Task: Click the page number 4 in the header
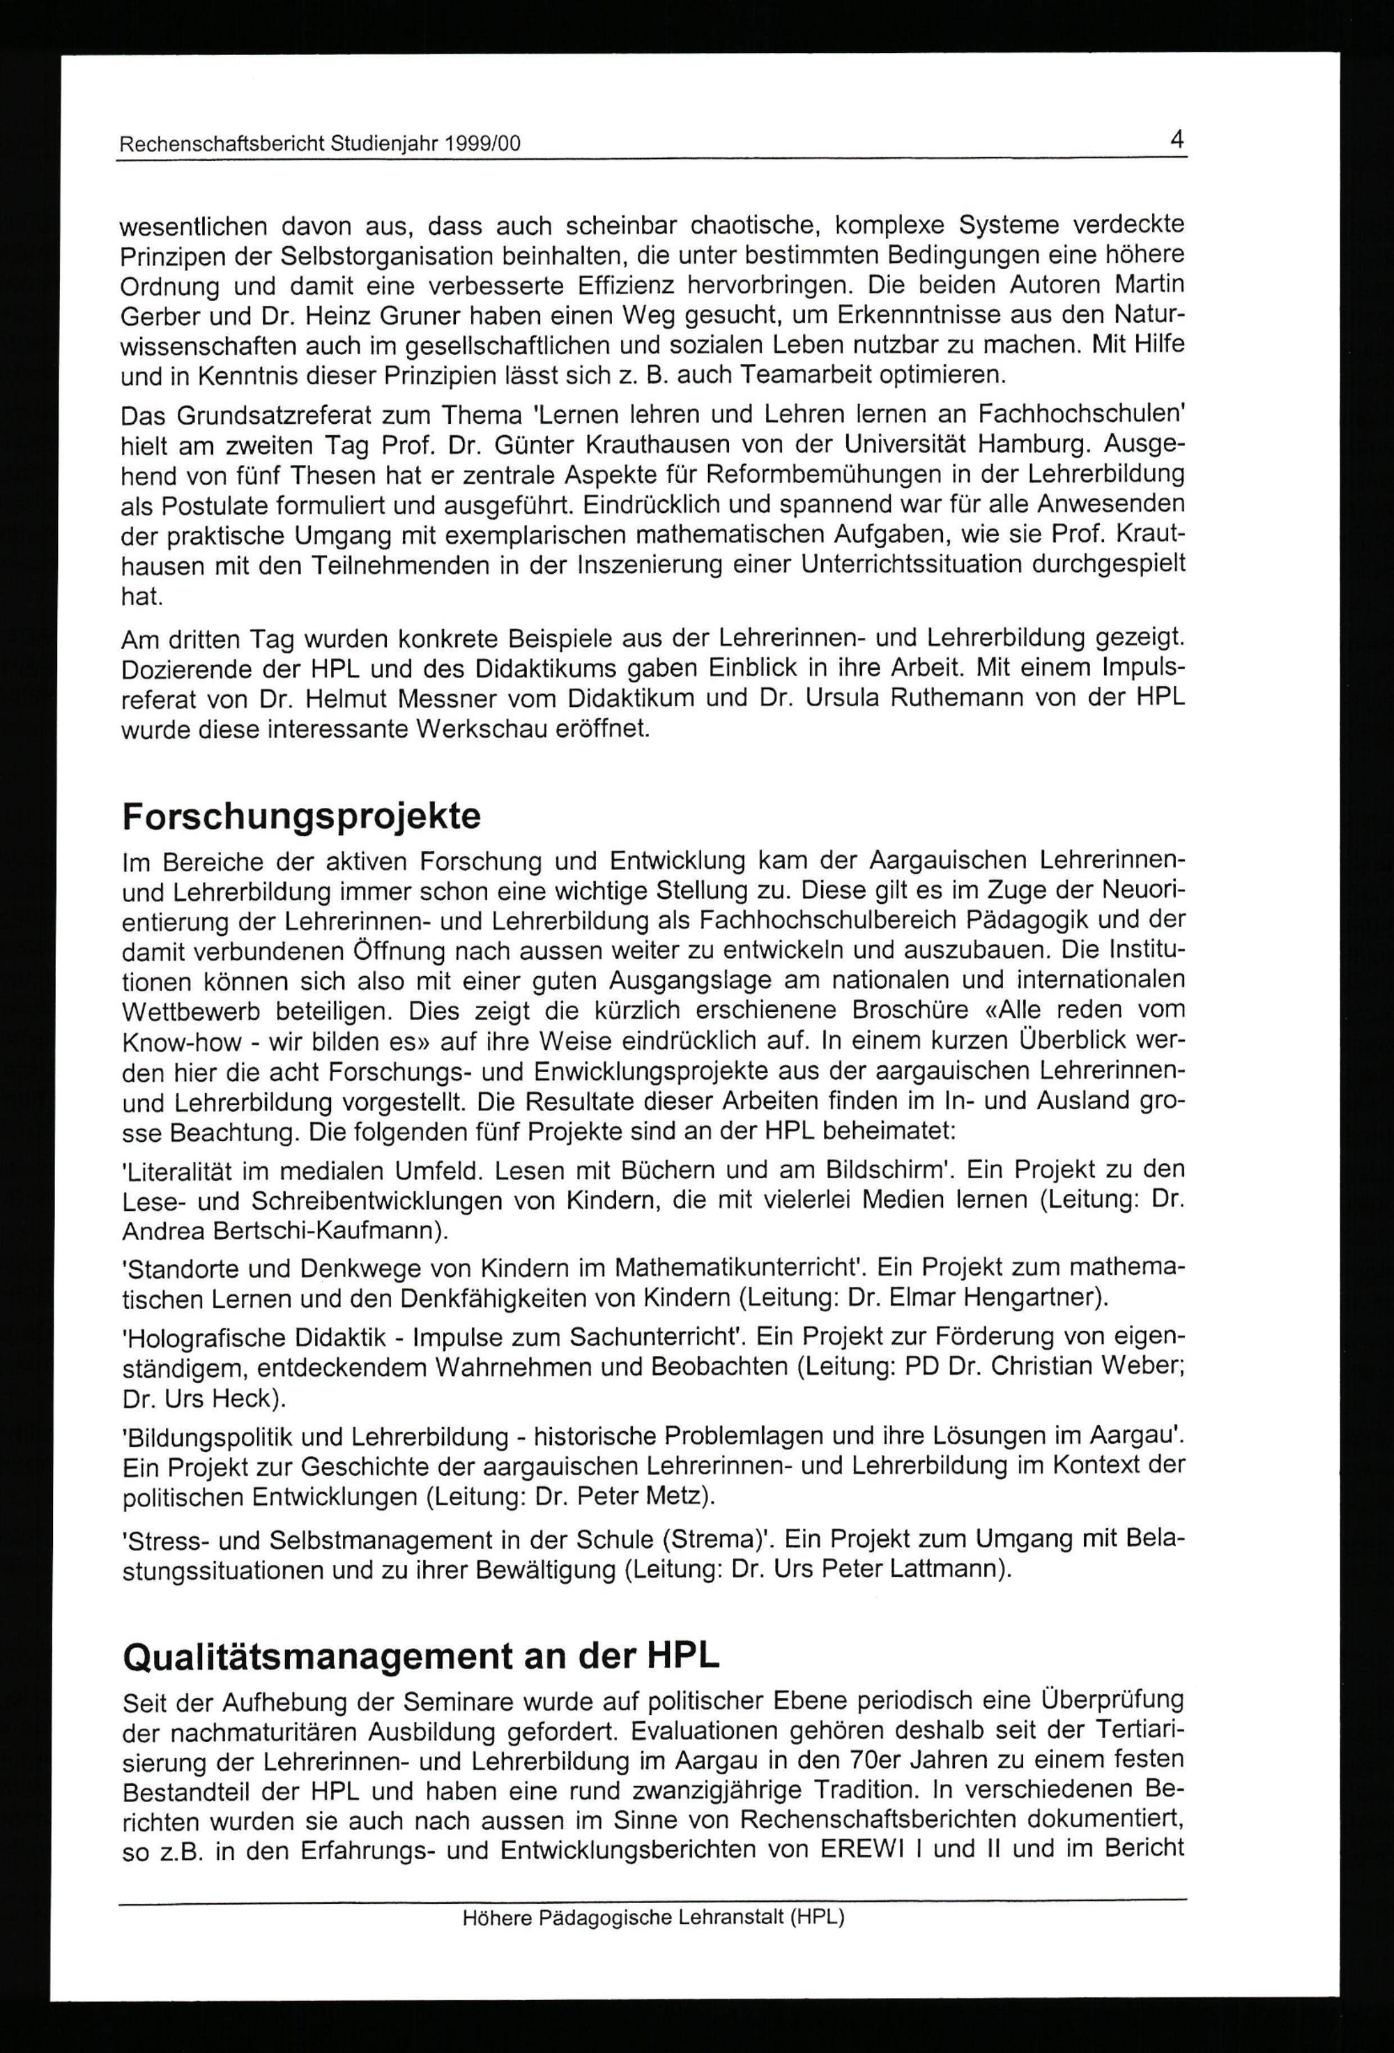[x=1177, y=139]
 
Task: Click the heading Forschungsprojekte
[x=301, y=816]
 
